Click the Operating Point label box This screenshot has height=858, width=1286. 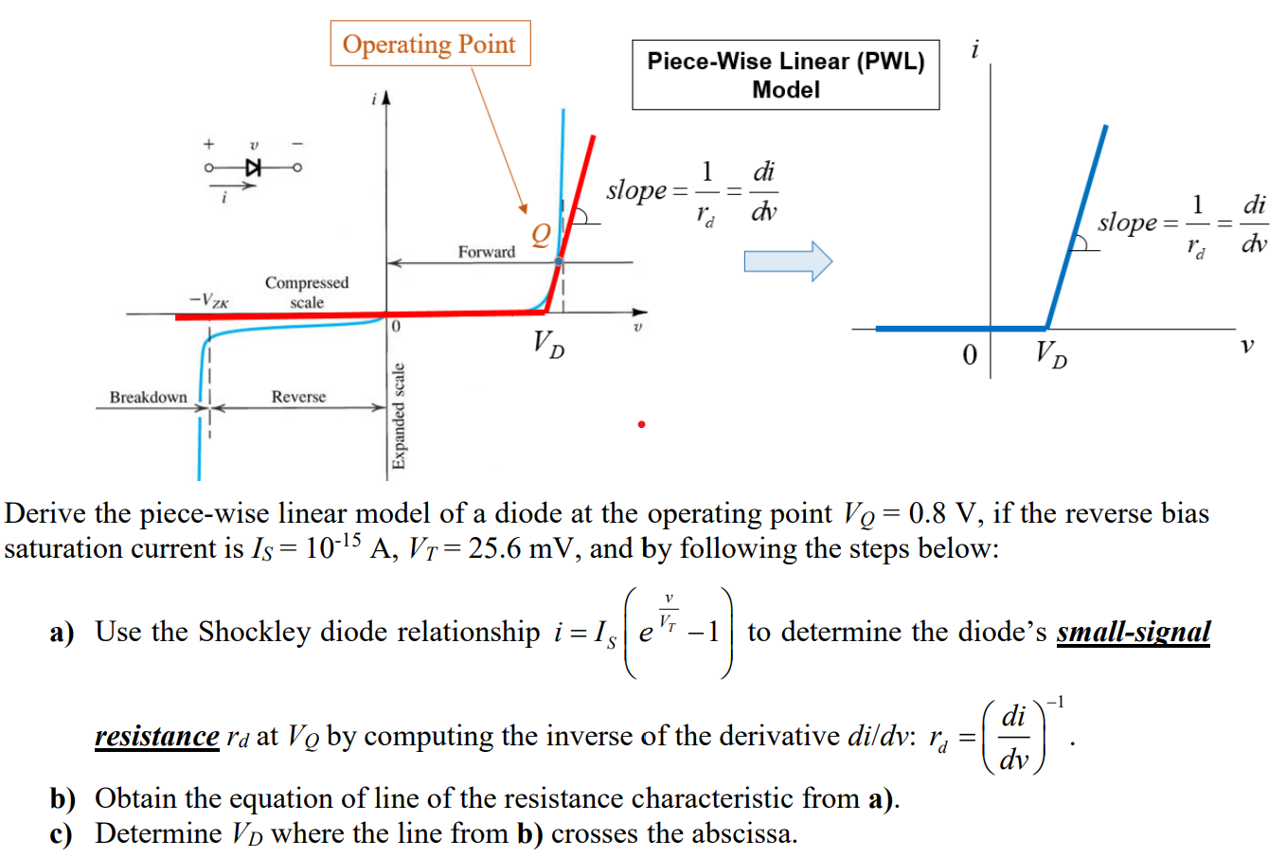pyautogui.click(x=430, y=44)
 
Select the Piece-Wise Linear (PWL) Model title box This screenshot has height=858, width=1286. pyautogui.click(x=785, y=75)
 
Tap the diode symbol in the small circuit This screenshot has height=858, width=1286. pyautogui.click(x=253, y=168)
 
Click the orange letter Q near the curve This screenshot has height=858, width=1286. pyautogui.click(x=540, y=234)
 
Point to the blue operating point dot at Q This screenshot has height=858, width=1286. pyautogui.click(x=559, y=261)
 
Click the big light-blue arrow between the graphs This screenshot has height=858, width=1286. pyautogui.click(x=787, y=261)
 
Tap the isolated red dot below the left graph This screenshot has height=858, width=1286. pyautogui.click(x=641, y=424)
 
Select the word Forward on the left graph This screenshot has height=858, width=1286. pyautogui.click(x=486, y=252)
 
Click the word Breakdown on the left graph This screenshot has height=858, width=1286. pyautogui.click(x=148, y=397)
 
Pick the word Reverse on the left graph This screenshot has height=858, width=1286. pyautogui.click(x=298, y=397)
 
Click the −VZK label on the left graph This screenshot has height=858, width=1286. pyautogui.click(x=209, y=300)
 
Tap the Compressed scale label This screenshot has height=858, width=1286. pyautogui.click(x=306, y=292)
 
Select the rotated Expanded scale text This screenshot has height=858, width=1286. pyautogui.click(x=399, y=416)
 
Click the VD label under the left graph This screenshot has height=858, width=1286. pyautogui.click(x=548, y=343)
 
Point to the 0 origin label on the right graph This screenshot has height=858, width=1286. pyautogui.click(x=969, y=355)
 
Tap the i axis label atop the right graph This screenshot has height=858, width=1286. pyautogui.click(x=974, y=48)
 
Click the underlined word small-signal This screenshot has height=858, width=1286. pyautogui.click(x=1134, y=632)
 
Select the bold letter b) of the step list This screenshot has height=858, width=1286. pyautogui.click(x=63, y=799)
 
